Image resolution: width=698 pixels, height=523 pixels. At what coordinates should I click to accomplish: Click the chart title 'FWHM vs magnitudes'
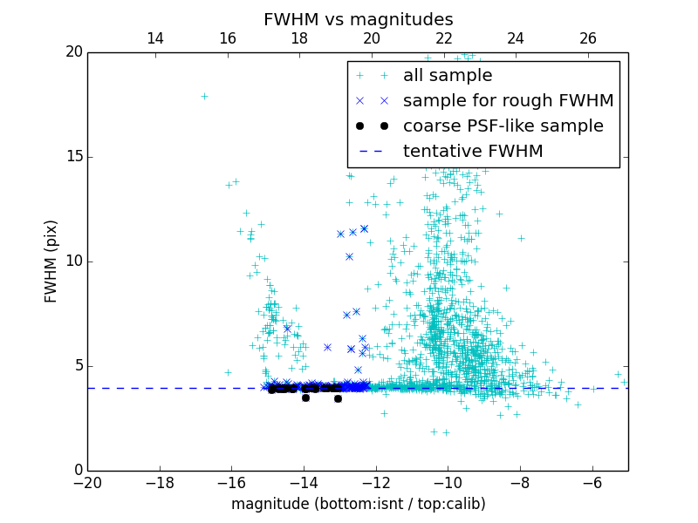[x=358, y=19]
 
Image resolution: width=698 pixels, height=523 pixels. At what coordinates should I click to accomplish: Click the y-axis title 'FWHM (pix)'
[x=51, y=261]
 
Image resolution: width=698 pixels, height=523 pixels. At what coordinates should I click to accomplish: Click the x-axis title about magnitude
[x=358, y=504]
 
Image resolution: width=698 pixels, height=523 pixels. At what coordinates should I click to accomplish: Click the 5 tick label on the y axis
[x=76, y=366]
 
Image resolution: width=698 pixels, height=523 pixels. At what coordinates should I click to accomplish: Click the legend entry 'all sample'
[x=448, y=76]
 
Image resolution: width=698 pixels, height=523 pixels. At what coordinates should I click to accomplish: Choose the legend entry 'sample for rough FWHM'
[x=508, y=101]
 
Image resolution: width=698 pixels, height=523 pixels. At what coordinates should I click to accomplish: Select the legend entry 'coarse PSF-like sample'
[x=503, y=126]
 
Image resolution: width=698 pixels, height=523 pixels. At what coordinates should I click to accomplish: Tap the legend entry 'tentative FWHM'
[x=473, y=152]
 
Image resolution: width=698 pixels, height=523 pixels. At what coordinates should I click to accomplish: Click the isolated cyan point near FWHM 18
[x=204, y=96]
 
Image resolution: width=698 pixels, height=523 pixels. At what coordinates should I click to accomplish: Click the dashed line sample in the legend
[x=372, y=152]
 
